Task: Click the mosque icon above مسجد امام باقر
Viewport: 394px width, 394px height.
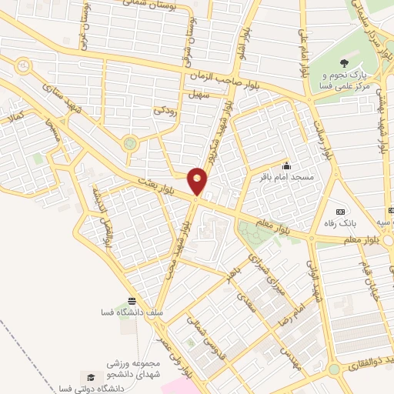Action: pos(286,165)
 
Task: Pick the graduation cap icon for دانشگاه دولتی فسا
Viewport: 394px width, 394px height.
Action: pos(91,377)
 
